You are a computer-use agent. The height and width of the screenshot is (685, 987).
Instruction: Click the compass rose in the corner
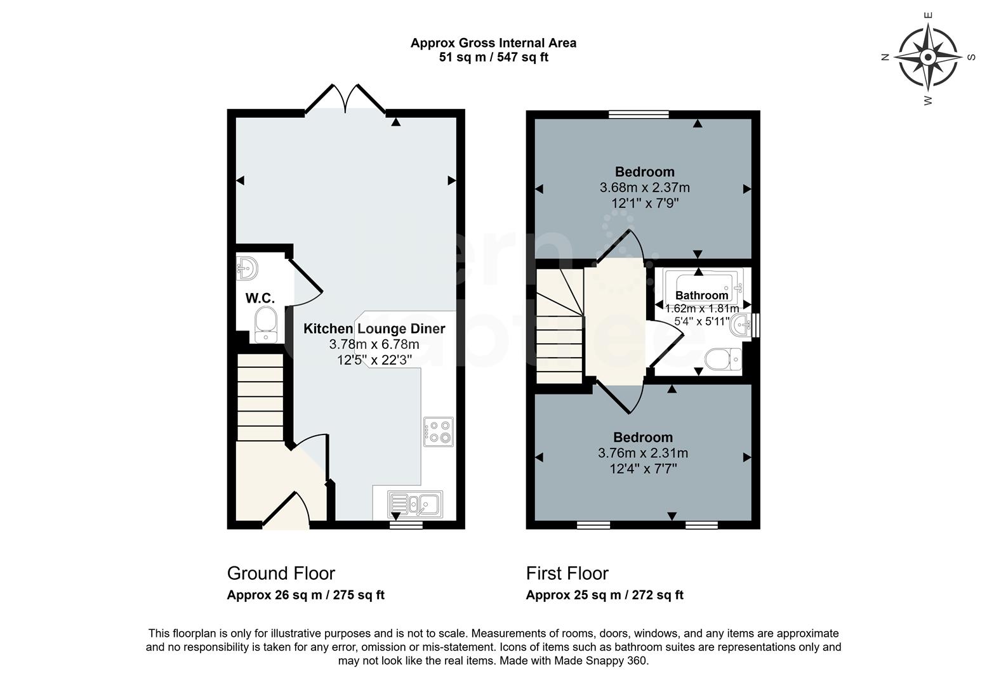point(927,58)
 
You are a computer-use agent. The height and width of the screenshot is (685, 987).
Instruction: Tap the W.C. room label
point(260,298)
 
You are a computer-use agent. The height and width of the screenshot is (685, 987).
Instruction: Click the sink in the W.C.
point(248,268)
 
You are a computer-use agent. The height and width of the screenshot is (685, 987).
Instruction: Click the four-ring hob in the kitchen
point(439,431)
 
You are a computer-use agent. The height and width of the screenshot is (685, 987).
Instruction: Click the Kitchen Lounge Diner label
point(374,329)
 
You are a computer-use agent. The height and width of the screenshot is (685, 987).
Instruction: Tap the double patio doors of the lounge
point(345,100)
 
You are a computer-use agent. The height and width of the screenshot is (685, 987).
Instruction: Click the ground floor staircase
point(260,398)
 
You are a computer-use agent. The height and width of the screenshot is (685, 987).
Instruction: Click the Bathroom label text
point(701,296)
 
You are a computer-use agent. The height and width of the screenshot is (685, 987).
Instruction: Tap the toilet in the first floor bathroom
point(723,360)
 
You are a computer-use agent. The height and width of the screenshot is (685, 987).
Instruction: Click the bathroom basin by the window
point(741,325)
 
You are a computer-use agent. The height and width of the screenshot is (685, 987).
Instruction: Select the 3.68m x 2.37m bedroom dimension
point(644,188)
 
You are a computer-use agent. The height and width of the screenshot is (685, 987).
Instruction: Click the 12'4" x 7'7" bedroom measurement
point(644,469)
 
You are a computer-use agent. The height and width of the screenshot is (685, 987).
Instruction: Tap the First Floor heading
point(567,573)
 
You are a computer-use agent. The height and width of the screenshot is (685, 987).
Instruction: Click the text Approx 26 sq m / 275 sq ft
point(305,595)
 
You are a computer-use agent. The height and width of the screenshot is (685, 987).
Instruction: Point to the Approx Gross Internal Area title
point(493,43)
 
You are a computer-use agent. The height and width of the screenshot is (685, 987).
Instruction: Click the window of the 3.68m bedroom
point(639,114)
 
